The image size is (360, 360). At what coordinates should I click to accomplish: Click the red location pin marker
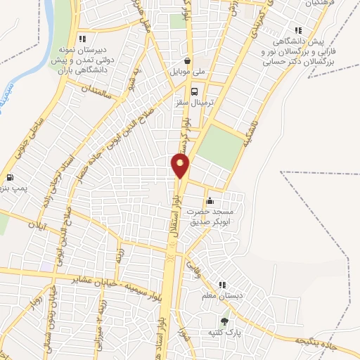pos(181,165)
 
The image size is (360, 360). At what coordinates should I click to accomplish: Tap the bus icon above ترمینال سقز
pos(194,91)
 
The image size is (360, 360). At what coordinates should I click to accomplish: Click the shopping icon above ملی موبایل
pos(186,60)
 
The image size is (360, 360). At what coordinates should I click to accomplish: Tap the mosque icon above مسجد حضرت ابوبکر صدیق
pos(210,201)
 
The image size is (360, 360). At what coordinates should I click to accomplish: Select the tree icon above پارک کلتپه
pos(224,320)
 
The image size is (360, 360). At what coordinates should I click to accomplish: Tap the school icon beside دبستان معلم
pos(223,285)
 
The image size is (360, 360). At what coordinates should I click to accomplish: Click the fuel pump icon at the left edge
pos(9,178)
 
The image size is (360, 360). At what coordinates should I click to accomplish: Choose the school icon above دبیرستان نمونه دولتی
pos(84,39)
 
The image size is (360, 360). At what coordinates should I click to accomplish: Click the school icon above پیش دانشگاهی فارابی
pos(298,30)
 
